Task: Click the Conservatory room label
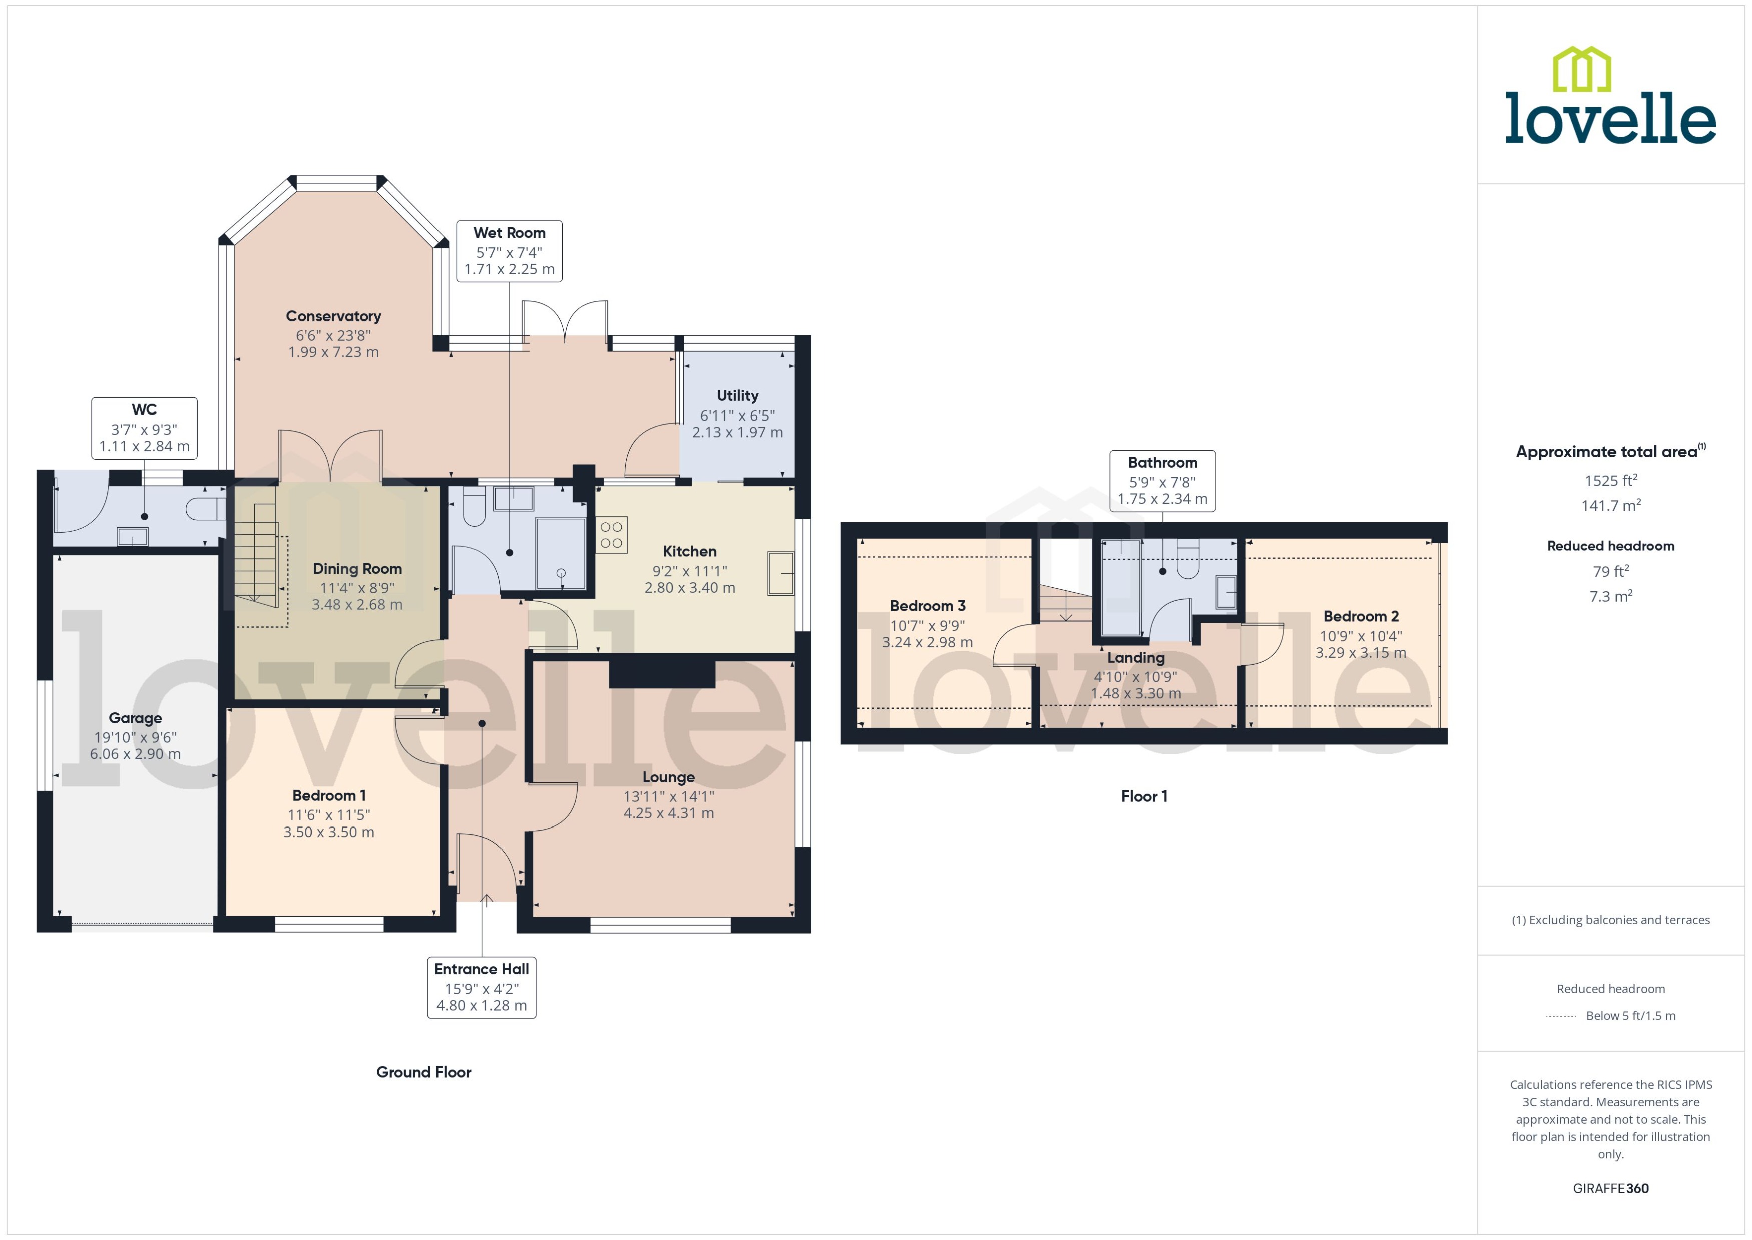point(333,316)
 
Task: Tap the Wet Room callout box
point(509,251)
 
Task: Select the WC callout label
point(144,428)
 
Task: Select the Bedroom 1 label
point(329,795)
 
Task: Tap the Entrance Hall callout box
point(481,987)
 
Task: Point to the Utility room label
point(737,395)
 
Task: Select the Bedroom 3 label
point(928,606)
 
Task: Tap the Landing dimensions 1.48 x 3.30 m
point(1136,694)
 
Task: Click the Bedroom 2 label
point(1361,616)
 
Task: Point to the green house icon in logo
point(1582,70)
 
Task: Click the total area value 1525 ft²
point(1611,480)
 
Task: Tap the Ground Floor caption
point(423,1072)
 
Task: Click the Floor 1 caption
point(1144,796)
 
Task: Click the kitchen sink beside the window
point(780,573)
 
